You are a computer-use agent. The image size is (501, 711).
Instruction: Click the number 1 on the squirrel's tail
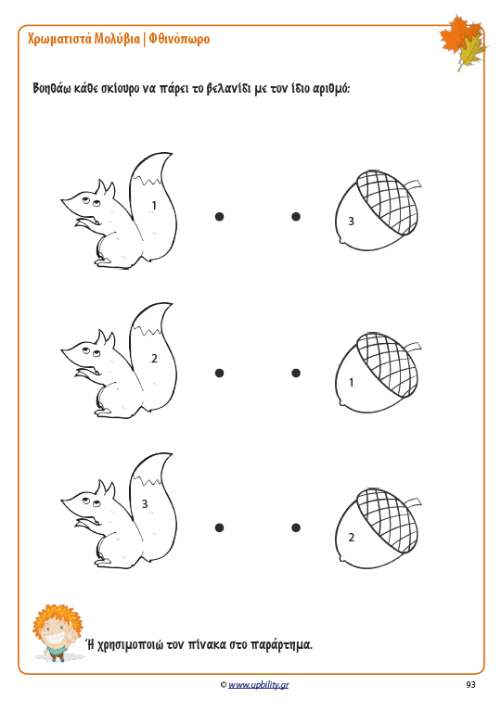pos(154,206)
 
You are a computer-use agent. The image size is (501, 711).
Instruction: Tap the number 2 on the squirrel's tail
pos(154,359)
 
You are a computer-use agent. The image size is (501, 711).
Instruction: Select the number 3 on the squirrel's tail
pos(145,503)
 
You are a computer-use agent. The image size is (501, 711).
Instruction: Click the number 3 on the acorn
pos(351,222)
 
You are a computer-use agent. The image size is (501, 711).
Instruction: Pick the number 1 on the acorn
pos(352,383)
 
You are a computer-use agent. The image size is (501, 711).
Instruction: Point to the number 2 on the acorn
pos(352,538)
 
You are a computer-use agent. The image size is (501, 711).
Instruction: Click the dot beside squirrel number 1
pos(219,217)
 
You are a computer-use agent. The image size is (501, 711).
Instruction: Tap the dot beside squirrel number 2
pos(219,374)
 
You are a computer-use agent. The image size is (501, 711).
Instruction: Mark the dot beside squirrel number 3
pos(219,527)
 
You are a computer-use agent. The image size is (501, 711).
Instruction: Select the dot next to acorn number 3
pos(296,217)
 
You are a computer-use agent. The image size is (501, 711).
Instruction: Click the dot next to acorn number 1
pos(296,374)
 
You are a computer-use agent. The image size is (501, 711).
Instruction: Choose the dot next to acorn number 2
pos(296,527)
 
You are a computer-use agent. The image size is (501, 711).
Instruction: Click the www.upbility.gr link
pos(258,685)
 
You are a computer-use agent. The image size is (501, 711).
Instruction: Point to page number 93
pos(470,685)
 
